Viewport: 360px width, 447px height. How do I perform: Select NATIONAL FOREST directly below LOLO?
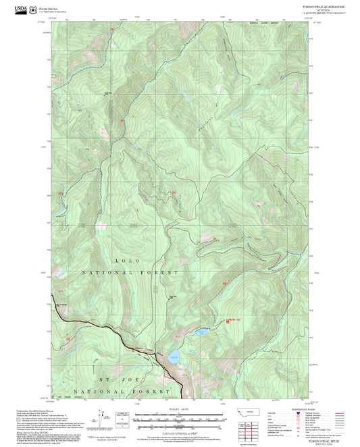(130, 271)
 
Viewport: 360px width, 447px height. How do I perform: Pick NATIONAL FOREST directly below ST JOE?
(127, 392)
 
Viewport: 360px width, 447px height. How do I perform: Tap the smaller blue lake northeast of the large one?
(201, 332)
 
